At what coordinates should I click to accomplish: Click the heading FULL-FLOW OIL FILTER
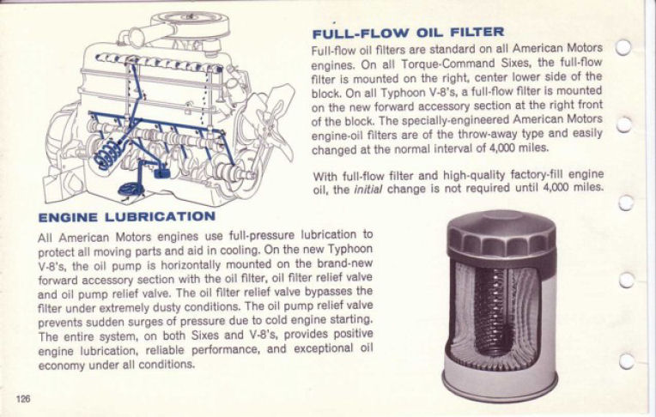pyautogui.click(x=407, y=33)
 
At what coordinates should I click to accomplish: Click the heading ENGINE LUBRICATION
pyautogui.click(x=126, y=217)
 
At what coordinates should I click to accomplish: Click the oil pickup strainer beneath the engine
pyautogui.click(x=131, y=189)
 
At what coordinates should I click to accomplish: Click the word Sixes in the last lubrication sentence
pyautogui.click(x=216, y=335)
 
